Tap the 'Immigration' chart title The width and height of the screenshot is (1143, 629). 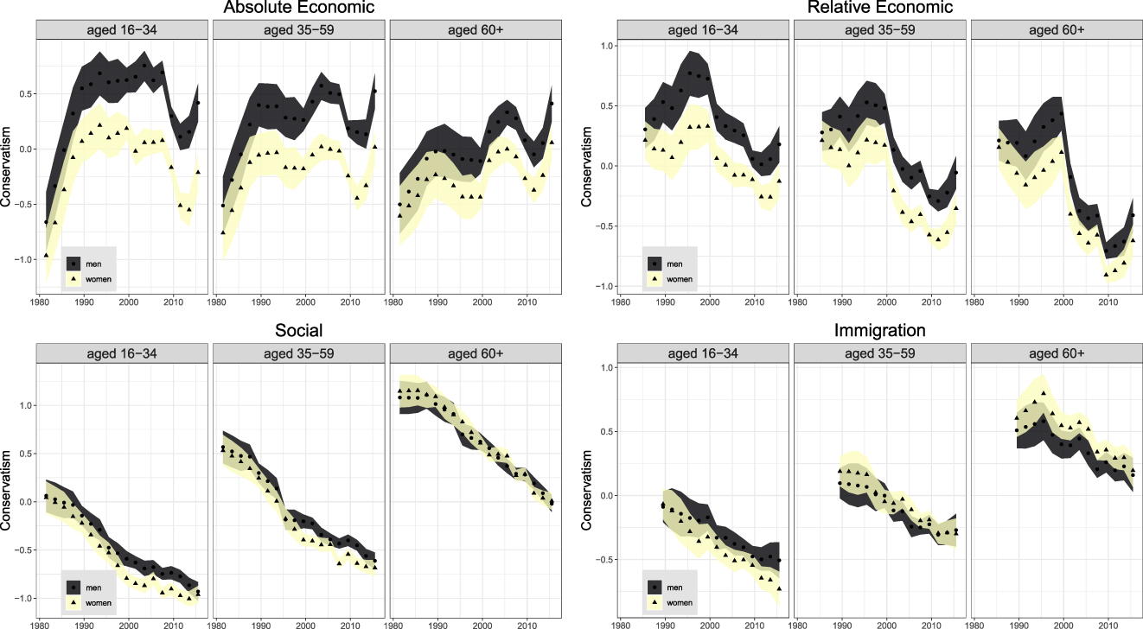pyautogui.click(x=879, y=331)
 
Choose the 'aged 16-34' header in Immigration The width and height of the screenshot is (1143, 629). pyautogui.click(x=703, y=353)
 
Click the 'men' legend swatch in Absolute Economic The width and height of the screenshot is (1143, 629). pyautogui.click(x=73, y=262)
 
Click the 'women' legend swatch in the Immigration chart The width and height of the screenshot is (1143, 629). pyautogui.click(x=655, y=602)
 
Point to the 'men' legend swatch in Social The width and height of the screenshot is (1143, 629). pyautogui.click(x=73, y=585)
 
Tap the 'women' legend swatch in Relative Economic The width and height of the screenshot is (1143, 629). pyautogui.click(x=655, y=279)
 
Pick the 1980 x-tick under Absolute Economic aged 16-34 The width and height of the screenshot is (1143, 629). pyautogui.click(x=39, y=302)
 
